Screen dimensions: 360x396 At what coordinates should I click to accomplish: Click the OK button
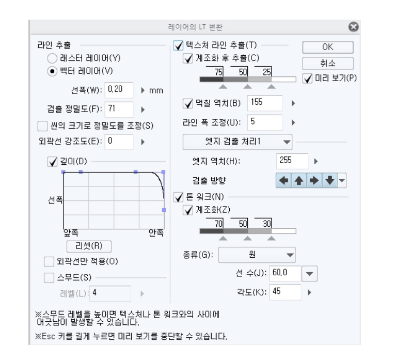[327, 46]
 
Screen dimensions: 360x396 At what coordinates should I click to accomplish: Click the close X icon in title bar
[354, 26]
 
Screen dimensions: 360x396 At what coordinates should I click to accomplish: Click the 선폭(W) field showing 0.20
[119, 89]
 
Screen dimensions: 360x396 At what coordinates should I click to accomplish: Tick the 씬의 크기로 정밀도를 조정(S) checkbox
[42, 125]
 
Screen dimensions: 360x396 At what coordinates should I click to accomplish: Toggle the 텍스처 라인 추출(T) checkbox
[178, 45]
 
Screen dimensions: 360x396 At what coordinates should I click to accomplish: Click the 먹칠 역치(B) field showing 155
[265, 103]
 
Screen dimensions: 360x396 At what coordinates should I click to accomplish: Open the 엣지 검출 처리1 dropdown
[237, 140]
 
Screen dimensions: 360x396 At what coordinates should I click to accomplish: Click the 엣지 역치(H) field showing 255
[292, 161]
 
